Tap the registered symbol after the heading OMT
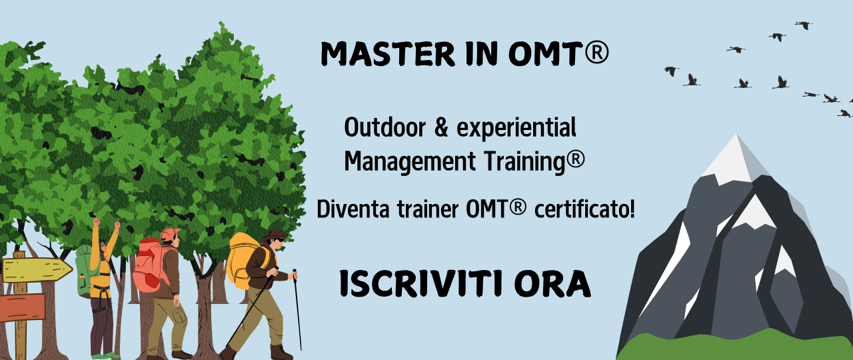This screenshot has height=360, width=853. (x=596, y=53)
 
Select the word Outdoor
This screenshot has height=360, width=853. (x=385, y=127)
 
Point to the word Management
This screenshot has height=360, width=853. (x=410, y=161)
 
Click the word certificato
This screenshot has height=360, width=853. (x=584, y=209)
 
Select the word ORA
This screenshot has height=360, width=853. (x=552, y=284)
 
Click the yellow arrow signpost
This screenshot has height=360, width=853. (x=37, y=270)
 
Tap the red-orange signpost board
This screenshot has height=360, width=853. (x=22, y=307)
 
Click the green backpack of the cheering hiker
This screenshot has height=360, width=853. (x=84, y=271)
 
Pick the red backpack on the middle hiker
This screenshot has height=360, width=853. (x=150, y=265)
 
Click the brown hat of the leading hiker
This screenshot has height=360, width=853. (x=274, y=235)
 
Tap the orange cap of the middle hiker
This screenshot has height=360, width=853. (x=170, y=234)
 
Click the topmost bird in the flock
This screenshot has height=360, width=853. (x=804, y=25)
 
